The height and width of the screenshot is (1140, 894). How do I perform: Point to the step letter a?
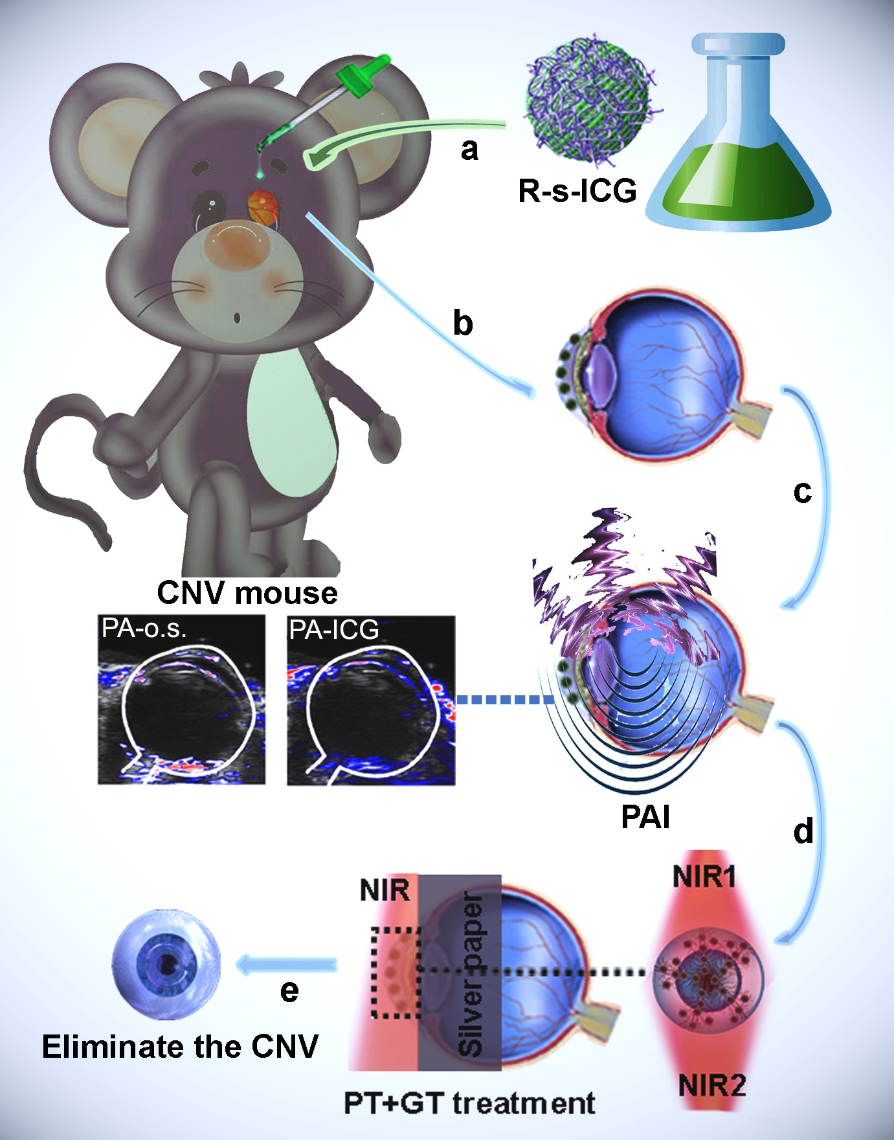pos(470,150)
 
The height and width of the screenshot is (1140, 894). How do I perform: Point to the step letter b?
pos(463,322)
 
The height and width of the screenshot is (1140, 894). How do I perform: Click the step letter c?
pos(802,493)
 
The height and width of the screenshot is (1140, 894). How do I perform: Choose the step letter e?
pos(289,990)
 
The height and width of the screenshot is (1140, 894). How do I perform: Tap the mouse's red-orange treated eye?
pos(264,207)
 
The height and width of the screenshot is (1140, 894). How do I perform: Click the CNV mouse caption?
pos(247,593)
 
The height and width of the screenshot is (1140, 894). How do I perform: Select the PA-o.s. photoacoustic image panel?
pos(182,700)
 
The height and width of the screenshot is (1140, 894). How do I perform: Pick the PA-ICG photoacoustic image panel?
pos(371,700)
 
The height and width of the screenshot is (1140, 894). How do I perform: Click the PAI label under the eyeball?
pos(645,817)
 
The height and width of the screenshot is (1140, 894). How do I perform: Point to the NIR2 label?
pos(712,1084)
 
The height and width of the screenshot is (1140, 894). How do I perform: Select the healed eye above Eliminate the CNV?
pos(166,965)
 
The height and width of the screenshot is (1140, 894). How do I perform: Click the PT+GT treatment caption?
pos(469,1103)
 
